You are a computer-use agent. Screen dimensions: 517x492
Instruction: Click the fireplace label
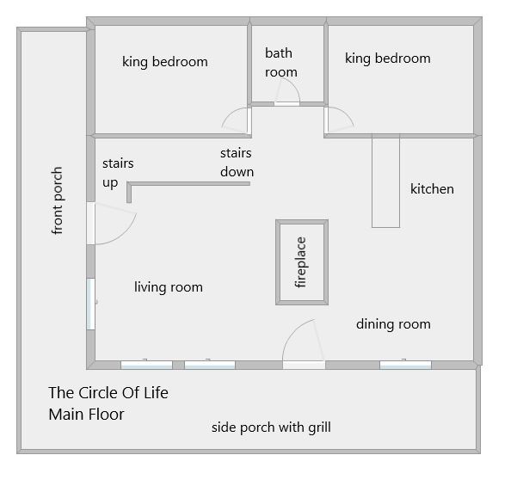[301, 262]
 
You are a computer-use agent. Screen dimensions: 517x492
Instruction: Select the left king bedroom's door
[237, 120]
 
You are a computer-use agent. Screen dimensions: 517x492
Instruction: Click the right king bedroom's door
[339, 120]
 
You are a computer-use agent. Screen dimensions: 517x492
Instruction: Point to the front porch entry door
[111, 224]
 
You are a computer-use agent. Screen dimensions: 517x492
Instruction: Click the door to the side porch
[304, 344]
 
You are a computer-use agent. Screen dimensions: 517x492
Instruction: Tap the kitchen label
[432, 189]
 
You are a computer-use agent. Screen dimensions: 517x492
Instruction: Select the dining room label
[393, 324]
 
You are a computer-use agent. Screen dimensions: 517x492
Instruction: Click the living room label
[169, 287]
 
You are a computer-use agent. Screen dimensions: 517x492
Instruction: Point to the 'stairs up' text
[118, 173]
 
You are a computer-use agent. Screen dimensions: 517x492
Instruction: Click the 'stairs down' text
[237, 163]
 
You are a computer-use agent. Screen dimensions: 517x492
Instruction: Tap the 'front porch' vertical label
[57, 200]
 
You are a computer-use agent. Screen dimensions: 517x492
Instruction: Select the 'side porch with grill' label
[271, 427]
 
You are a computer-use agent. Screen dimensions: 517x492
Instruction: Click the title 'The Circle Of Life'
[108, 393]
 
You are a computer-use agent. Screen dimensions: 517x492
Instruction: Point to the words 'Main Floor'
[86, 415]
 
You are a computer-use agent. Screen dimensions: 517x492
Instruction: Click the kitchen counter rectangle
[385, 181]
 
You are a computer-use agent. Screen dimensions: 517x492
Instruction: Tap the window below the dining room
[405, 365]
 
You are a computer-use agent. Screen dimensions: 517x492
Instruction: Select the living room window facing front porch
[90, 304]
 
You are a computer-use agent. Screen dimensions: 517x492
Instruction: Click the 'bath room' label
[281, 63]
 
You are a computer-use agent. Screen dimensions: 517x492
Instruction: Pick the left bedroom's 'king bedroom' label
[165, 62]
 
